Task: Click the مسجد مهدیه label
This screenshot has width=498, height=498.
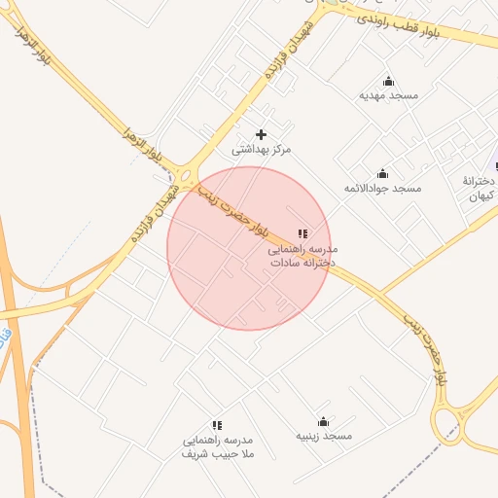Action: click(388, 95)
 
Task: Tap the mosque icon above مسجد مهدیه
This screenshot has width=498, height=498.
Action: click(389, 81)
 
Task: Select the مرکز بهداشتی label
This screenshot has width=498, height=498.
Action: click(261, 150)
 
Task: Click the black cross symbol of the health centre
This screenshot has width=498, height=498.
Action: click(261, 134)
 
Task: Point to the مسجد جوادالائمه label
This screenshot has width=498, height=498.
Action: click(382, 188)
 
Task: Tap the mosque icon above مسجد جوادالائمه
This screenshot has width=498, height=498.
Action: click(382, 173)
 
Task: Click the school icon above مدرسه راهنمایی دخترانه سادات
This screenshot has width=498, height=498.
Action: click(302, 233)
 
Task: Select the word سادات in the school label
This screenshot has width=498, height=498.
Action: click(289, 263)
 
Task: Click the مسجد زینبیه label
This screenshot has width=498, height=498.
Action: click(324, 437)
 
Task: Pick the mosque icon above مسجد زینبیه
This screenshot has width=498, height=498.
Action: click(324, 422)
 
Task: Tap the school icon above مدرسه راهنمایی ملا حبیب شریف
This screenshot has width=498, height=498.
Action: click(217, 425)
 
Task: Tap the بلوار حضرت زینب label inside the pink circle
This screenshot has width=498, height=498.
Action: click(233, 213)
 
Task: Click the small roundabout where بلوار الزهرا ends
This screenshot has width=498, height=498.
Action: click(186, 178)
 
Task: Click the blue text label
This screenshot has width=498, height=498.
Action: click(6, 340)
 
